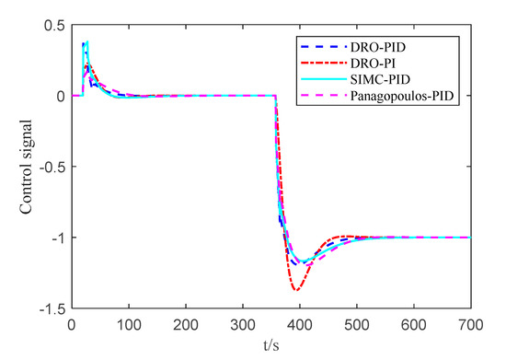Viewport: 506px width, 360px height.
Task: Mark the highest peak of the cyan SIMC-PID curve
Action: click(86, 41)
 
